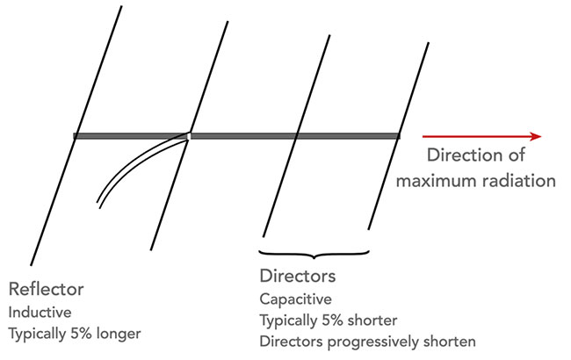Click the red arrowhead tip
tap(541, 136)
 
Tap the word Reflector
tap(46, 290)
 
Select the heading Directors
tap(298, 276)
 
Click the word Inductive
tap(40, 313)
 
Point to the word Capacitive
tap(295, 299)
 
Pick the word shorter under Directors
tap(372, 320)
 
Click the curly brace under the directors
tap(314, 254)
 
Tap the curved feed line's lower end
tap(98, 205)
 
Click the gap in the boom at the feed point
tap(189, 136)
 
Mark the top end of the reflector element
tap(121, 6)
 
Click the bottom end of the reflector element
tap(31, 264)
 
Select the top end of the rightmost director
tap(429, 43)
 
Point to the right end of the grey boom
tap(400, 136)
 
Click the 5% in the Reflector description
tap(81, 334)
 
